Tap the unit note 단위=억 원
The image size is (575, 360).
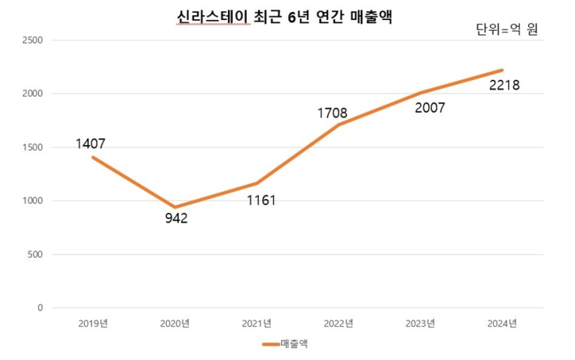pos(507,30)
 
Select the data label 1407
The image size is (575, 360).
pos(91,144)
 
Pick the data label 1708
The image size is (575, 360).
pos(333,113)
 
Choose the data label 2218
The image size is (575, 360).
pos(504,86)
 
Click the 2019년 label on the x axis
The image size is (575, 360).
pos(93,323)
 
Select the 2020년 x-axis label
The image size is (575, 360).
pos(175,323)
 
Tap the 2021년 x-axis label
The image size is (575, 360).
pos(257,323)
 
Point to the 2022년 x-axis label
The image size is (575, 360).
pos(339,323)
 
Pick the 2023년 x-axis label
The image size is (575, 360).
pos(420,323)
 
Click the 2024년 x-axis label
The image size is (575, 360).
pos(502,323)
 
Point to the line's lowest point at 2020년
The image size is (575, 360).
pos(175,207)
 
